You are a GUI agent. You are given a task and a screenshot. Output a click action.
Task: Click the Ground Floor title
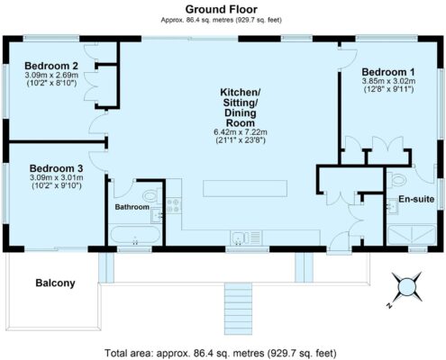(x=222, y=9)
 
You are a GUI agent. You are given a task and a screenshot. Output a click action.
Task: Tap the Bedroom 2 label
(x=51, y=66)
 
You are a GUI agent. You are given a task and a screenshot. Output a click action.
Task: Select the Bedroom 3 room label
(x=56, y=168)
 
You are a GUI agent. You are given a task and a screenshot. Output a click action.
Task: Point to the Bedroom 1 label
(x=388, y=72)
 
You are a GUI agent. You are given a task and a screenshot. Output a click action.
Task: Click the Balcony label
(x=55, y=283)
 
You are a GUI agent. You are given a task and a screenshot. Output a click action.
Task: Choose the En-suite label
(x=416, y=199)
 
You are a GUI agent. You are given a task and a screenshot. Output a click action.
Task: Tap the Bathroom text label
(x=132, y=207)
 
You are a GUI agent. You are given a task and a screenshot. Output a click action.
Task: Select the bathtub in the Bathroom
(x=135, y=235)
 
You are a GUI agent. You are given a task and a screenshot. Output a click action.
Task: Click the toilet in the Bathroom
(x=152, y=195)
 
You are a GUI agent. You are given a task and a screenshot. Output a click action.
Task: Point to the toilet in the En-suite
(x=396, y=181)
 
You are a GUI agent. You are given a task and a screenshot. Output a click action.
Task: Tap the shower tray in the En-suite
(x=412, y=235)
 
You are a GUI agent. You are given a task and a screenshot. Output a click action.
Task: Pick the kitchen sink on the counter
(x=246, y=238)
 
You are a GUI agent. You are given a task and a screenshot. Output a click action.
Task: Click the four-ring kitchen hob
(x=173, y=205)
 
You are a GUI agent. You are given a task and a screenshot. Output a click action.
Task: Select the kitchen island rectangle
(x=245, y=188)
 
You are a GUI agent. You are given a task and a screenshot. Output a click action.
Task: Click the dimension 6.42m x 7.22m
(x=241, y=132)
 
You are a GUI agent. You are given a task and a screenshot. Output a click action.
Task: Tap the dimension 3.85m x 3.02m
(x=388, y=81)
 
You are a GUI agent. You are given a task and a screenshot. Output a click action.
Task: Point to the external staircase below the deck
(x=238, y=309)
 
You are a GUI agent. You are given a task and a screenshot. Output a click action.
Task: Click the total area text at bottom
(x=221, y=353)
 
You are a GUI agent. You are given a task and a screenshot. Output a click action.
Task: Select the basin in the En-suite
(x=392, y=206)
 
